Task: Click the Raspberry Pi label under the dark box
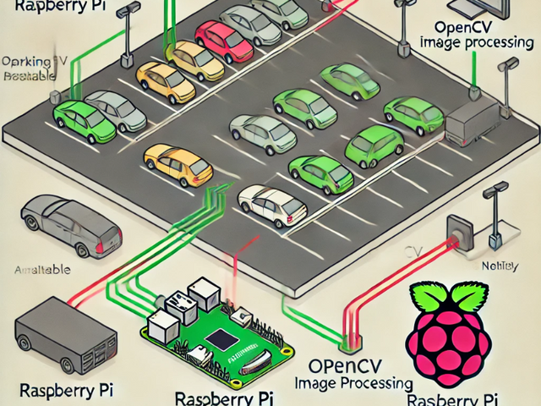coord(58,391)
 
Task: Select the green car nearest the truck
coord(413,115)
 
